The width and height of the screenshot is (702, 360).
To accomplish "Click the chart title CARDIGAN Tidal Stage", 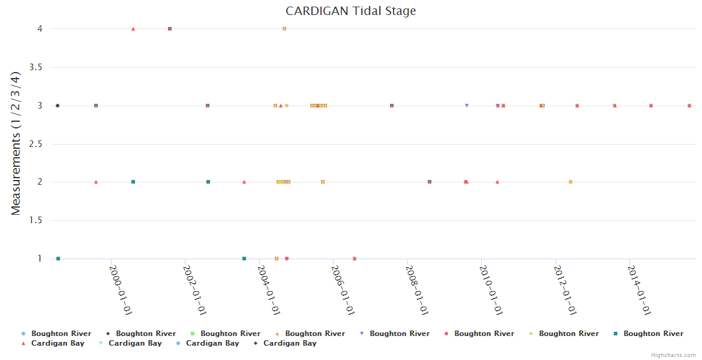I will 350,11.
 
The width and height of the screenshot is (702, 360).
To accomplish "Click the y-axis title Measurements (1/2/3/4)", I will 16,143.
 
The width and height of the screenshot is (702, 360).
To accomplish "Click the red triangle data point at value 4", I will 133,29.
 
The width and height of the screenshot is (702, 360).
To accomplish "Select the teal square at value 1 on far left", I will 58,259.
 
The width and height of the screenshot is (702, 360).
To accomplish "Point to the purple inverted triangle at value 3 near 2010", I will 467,106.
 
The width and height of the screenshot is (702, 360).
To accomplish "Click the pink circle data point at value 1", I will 287,259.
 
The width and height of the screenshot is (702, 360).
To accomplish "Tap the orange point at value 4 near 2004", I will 284,29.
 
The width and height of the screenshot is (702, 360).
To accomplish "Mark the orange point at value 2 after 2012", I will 571,182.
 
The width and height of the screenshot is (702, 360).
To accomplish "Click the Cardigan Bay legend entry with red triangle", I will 58,343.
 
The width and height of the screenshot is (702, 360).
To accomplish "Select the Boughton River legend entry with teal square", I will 653,334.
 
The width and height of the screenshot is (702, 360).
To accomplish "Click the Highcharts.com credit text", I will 673,355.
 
